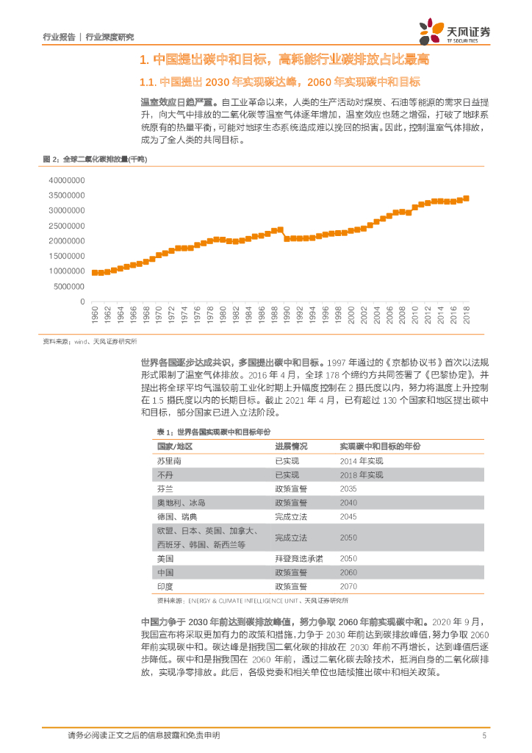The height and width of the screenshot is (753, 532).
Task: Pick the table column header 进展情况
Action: point(291,446)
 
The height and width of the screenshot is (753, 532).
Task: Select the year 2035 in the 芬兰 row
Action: point(348,488)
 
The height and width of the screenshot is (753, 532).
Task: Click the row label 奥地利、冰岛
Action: point(181,502)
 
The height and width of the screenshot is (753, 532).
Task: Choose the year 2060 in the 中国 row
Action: point(348,572)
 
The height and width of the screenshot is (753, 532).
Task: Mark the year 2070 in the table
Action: point(348,586)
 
